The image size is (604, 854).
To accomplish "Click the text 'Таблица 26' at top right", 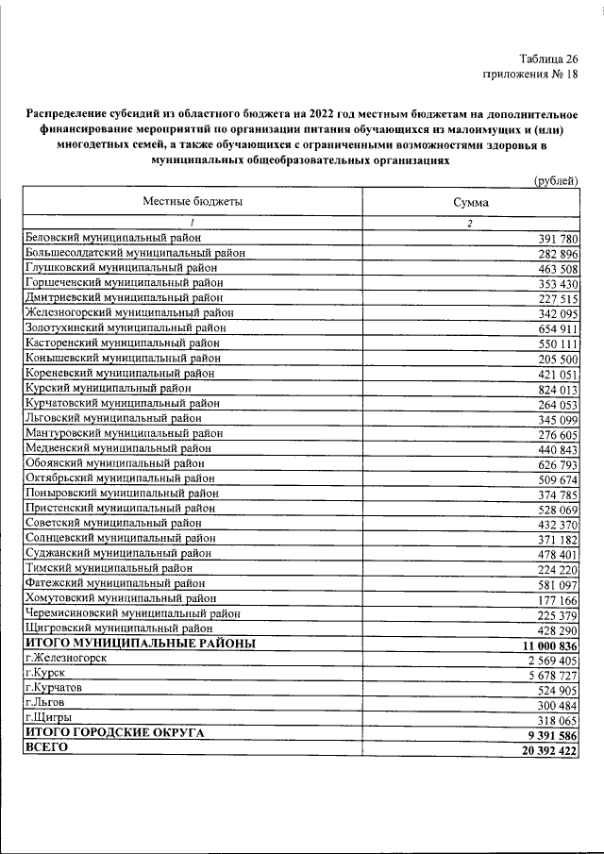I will [546, 58].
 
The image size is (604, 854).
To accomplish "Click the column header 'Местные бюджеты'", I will [193, 202].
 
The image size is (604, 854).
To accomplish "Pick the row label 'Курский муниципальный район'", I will [109, 388].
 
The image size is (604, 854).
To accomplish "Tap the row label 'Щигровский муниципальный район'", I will [118, 628].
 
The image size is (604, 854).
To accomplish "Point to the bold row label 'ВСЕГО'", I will [47, 747].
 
